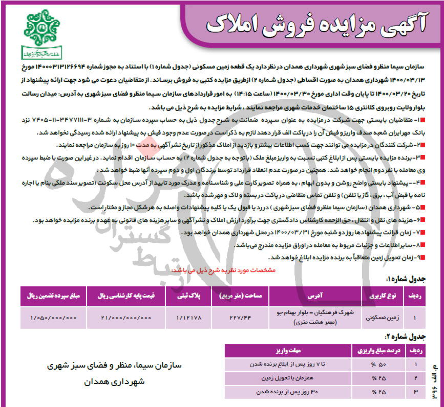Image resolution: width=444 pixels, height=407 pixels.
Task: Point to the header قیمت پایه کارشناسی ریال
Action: (x=126, y=296)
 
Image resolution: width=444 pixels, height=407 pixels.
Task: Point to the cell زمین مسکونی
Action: (x=379, y=318)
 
